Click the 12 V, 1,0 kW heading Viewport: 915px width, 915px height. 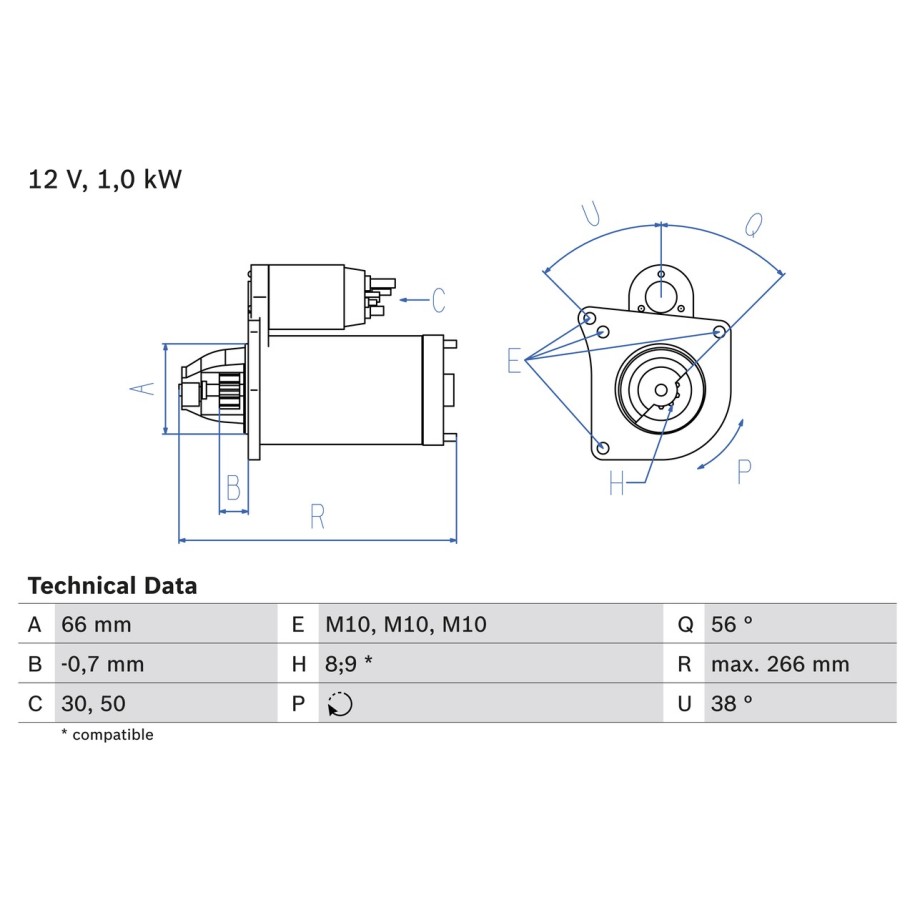[x=105, y=179]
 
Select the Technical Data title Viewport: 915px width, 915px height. [x=112, y=585]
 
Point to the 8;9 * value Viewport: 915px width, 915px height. [x=348, y=664]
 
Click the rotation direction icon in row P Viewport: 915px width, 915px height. [x=340, y=704]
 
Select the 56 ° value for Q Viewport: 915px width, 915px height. [x=732, y=624]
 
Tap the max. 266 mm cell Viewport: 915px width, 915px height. [x=780, y=664]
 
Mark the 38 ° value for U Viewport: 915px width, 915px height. [x=732, y=703]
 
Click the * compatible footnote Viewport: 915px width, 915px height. [x=107, y=735]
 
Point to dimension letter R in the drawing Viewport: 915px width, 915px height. [x=317, y=516]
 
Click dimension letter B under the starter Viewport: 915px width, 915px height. [x=233, y=487]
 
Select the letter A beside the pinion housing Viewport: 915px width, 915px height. [x=142, y=388]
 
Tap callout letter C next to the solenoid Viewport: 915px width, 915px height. [x=439, y=300]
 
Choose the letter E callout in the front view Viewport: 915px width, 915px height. [x=514, y=360]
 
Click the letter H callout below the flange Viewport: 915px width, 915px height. [x=616, y=483]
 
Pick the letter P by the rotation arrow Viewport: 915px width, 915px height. [x=744, y=472]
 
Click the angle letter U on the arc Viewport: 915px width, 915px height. [x=591, y=214]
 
